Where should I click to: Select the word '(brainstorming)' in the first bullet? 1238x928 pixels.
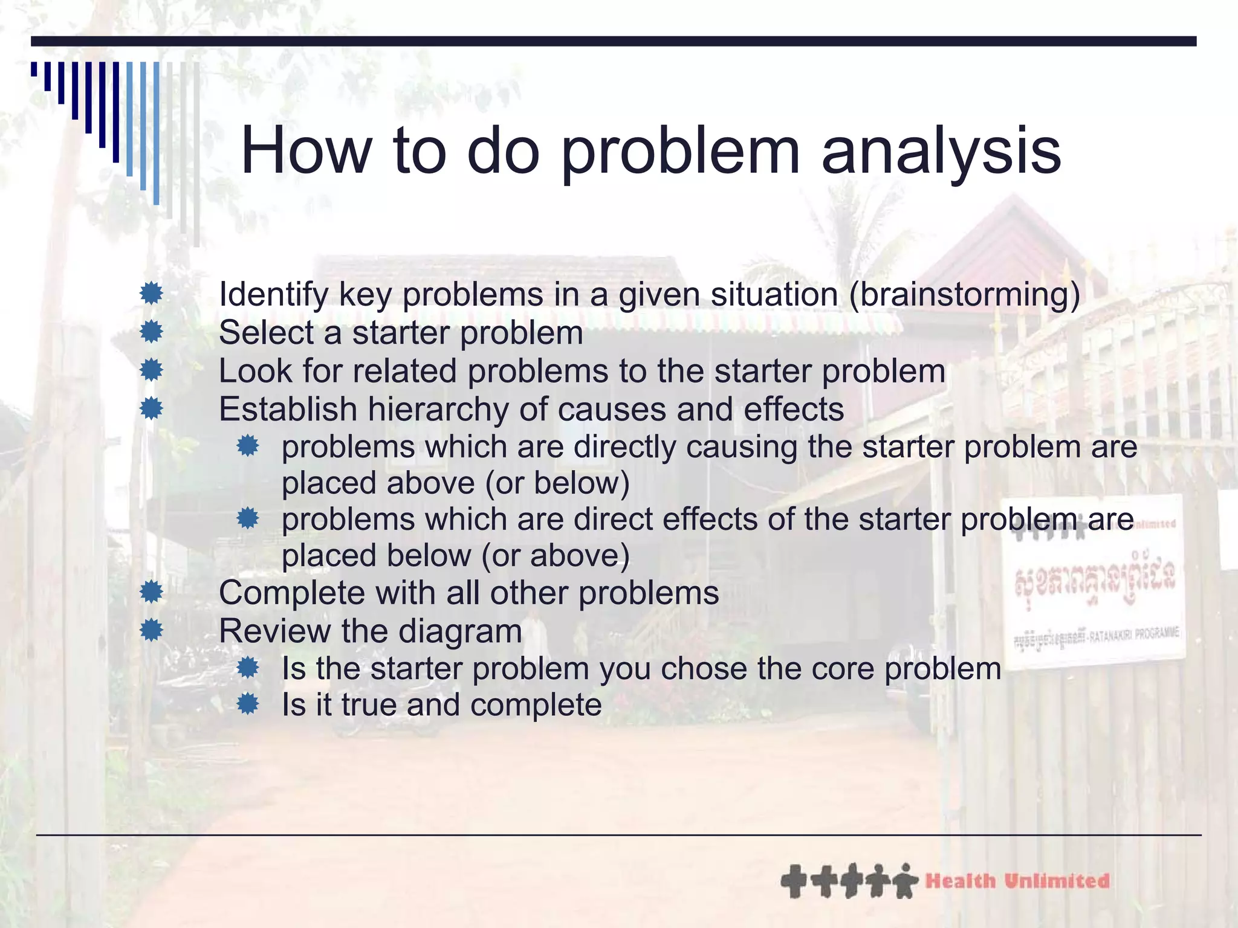tap(964, 295)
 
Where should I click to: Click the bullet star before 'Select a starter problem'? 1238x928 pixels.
tap(151, 332)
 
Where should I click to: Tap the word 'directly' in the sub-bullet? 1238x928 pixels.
tap(624, 448)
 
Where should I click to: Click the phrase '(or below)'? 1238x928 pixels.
tap(557, 483)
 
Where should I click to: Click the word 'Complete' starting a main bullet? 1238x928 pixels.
tap(291, 593)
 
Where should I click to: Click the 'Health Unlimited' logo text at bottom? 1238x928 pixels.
tap(1017, 881)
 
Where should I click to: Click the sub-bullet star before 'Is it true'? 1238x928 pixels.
tap(248, 704)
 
